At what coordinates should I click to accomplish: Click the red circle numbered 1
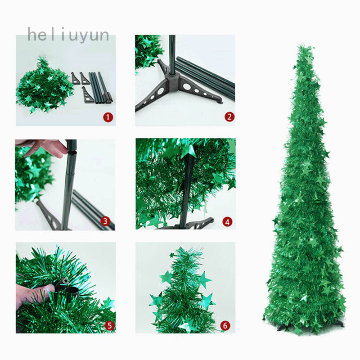click(108, 117)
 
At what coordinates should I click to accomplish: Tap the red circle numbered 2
click(229, 117)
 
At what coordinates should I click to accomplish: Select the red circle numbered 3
click(105, 221)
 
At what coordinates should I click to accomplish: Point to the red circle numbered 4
click(227, 222)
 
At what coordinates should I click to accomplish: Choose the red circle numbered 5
click(109, 325)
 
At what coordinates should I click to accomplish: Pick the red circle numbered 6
click(225, 325)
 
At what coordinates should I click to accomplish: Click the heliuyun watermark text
click(68, 35)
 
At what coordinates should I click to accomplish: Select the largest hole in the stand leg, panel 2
click(186, 87)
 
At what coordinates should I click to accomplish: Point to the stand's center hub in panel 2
click(172, 79)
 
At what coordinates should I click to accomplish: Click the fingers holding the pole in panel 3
click(44, 148)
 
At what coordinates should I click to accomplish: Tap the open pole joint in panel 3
click(72, 152)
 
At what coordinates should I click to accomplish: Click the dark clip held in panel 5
click(67, 286)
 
